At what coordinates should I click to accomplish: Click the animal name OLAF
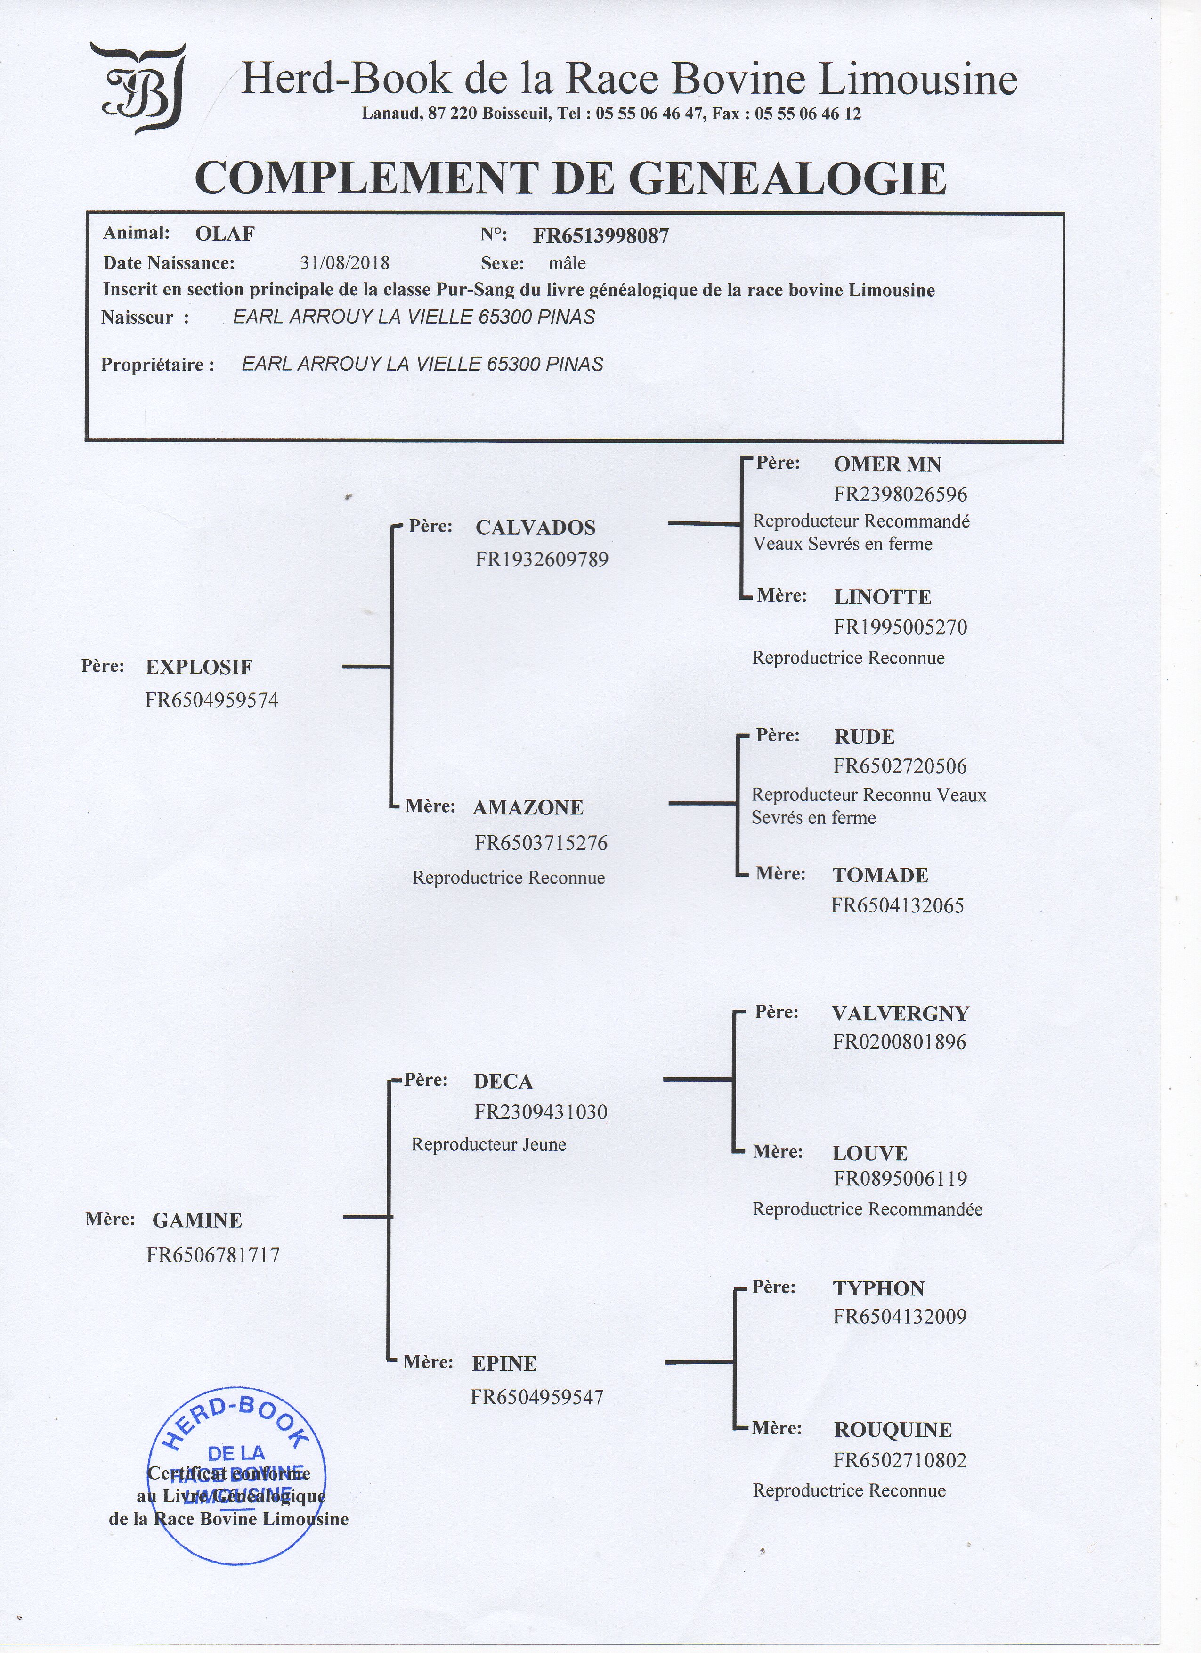click(225, 234)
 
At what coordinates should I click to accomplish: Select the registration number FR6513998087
click(600, 236)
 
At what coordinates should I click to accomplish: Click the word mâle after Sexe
click(567, 263)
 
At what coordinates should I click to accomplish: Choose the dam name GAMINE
click(197, 1220)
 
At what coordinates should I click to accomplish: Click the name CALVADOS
click(535, 528)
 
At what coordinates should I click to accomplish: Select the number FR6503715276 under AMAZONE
click(541, 843)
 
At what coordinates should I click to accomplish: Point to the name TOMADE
click(880, 875)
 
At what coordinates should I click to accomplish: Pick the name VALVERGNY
click(900, 1014)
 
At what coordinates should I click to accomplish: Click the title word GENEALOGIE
click(787, 179)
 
